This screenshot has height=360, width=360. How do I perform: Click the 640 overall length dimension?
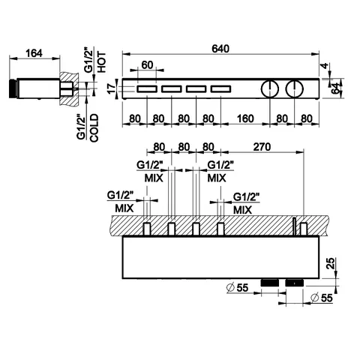pos(220,49)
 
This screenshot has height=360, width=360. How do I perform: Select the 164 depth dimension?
pos(34,53)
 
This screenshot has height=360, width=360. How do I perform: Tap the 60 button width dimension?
pos(147,65)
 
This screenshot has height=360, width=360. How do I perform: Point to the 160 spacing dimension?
pos(245,118)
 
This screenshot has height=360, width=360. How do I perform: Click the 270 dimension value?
pos(262,147)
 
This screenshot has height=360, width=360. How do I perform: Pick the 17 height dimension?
pos(112,88)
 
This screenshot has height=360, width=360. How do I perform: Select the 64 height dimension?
pos(336,88)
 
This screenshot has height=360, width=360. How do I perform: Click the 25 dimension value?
pos(331,263)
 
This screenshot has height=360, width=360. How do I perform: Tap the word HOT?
pos(102,62)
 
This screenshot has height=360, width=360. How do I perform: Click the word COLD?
pos(94,128)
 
